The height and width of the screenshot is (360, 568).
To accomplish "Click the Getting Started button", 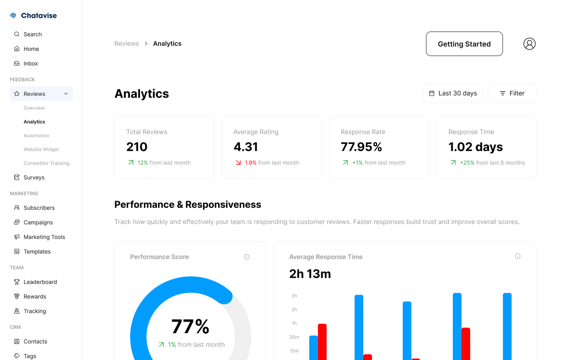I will tap(464, 44).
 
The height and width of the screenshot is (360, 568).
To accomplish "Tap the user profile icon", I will tap(529, 44).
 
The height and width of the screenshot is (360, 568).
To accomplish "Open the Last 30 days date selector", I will tap(453, 93).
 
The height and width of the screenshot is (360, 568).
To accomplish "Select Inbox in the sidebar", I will tap(31, 63).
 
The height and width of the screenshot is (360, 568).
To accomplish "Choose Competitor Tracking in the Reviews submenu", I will tap(46, 163).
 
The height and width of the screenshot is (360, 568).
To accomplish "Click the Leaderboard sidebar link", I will tap(40, 282).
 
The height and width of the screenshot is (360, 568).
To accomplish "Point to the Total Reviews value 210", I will tap(137, 147).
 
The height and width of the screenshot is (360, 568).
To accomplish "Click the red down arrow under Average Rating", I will tap(238, 162).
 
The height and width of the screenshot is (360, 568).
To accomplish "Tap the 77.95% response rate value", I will tap(361, 147).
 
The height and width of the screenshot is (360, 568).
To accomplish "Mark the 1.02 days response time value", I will tap(475, 147).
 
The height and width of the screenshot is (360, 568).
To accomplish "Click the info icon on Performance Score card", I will tap(247, 257).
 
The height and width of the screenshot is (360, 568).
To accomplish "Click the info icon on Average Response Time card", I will tap(518, 256).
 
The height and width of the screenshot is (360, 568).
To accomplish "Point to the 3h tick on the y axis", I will tap(294, 296).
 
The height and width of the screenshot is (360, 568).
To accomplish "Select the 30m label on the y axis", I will tap(294, 337).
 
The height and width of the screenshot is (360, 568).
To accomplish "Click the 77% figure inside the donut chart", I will tap(191, 327).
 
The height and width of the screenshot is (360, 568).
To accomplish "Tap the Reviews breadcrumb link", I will tap(127, 44).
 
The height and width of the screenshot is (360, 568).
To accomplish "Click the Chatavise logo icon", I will tap(13, 16).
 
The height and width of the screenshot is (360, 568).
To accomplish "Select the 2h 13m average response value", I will tap(310, 274).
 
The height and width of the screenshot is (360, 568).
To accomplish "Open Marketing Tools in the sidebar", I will tap(44, 237).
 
